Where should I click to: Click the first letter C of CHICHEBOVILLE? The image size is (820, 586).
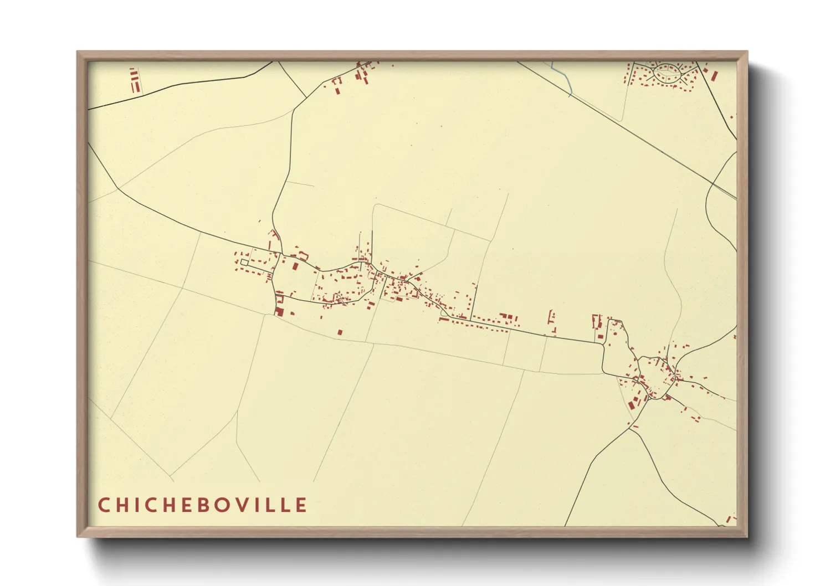[103, 505]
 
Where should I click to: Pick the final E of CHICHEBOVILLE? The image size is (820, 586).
[301, 505]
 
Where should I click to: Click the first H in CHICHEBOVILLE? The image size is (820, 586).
[121, 505]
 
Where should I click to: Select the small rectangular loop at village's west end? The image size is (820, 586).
[244, 262]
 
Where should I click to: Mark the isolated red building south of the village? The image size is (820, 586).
[340, 332]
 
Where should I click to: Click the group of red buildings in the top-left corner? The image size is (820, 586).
[134, 81]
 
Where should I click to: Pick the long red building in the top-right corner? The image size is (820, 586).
[714, 75]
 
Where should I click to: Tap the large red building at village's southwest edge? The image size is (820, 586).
[279, 312]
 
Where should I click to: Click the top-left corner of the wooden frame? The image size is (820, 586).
[78, 52]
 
